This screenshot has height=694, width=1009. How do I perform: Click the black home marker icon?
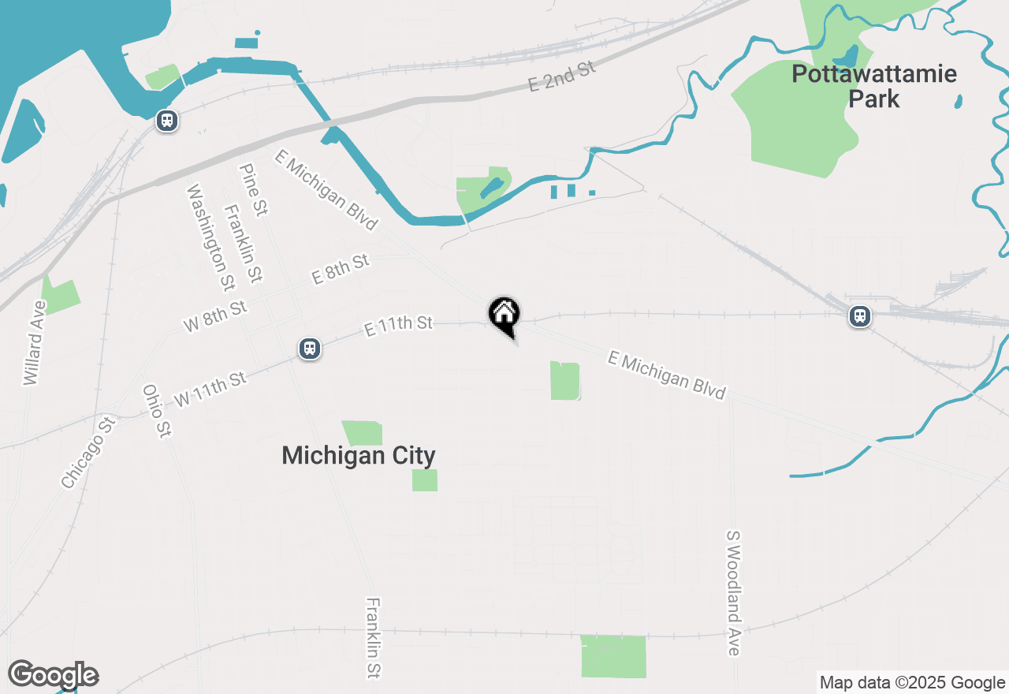pos(504,315)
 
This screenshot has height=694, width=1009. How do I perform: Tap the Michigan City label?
pos(359,456)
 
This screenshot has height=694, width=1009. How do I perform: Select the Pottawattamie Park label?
pos(873,87)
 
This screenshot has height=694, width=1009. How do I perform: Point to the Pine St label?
pos(254,190)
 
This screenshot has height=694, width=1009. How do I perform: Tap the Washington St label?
pos(210,237)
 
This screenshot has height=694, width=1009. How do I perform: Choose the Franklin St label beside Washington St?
pos(243,244)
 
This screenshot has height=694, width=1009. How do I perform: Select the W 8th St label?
pos(215,315)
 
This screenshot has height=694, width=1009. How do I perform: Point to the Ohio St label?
pos(156,411)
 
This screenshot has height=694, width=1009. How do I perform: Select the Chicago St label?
pos(88,453)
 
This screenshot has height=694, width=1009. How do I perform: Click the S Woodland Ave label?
pos(734,592)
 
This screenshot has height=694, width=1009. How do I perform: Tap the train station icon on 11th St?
pos(310,349)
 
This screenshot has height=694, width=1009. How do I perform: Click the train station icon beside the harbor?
pos(166,121)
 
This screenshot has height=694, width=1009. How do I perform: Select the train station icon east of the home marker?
pos(859,316)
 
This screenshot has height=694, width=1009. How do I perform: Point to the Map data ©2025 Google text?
pos(912,683)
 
